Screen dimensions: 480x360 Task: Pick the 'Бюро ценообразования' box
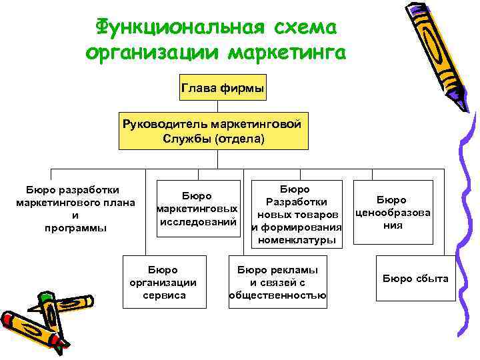tap(391, 212)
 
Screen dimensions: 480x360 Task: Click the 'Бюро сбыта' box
tap(415, 279)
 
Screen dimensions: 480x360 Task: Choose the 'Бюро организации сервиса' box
tap(163, 282)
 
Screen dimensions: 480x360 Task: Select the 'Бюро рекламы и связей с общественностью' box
tap(277, 282)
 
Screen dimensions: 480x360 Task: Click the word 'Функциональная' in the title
tap(175, 27)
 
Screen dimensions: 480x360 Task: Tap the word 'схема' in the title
tap(303, 27)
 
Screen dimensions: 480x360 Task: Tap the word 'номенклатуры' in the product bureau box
tap(297, 241)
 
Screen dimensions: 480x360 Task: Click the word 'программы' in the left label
tap(75, 228)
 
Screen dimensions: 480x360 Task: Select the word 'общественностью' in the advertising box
tap(277, 295)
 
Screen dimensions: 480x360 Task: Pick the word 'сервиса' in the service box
tap(164, 295)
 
